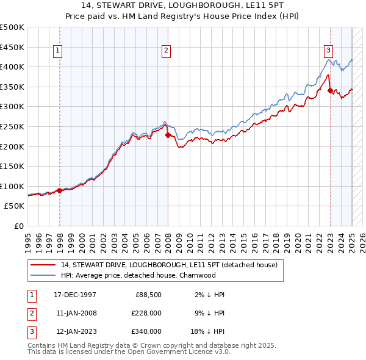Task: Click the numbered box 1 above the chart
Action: [57, 51]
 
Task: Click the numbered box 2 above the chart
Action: [166, 51]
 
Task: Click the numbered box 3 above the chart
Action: [328, 51]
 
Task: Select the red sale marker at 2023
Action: [330, 91]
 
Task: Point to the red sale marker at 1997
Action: [59, 190]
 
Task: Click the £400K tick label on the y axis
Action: [13, 67]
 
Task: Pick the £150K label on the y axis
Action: [13, 166]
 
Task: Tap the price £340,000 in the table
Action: [146, 331]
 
